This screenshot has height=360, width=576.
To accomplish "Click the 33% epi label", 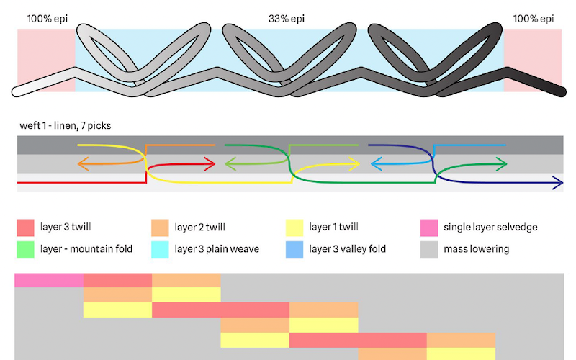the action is click(287, 19).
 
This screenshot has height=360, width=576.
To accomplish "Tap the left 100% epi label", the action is click(48, 19).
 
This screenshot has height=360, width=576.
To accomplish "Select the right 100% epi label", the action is click(534, 19).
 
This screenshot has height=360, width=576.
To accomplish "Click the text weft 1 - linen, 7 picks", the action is click(66, 125).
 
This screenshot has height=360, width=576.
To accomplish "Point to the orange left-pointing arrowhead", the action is click(83, 164).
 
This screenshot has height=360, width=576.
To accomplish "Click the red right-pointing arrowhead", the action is click(210, 164).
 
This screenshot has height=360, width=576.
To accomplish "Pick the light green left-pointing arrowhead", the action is click(230, 164).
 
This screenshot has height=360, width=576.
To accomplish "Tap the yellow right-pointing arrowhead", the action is click(354, 164).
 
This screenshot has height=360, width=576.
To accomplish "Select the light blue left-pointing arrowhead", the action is click(376, 164).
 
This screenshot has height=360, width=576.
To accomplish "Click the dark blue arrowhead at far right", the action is click(558, 183).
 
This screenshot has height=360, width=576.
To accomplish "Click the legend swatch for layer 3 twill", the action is click(25, 228).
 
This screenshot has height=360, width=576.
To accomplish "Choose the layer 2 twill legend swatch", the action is click(160, 228).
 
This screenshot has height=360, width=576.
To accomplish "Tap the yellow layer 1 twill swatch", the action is click(294, 228).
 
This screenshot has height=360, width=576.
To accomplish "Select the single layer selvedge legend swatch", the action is click(429, 228).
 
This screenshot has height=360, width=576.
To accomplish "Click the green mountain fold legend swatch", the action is click(25, 250).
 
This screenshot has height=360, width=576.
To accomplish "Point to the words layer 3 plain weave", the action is click(217, 249).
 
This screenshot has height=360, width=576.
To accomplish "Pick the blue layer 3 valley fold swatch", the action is click(294, 250).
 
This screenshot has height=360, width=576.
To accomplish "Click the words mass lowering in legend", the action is click(477, 249).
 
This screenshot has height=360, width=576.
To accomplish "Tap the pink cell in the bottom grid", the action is click(49, 280).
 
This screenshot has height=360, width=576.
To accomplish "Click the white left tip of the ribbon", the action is click(16, 92).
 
